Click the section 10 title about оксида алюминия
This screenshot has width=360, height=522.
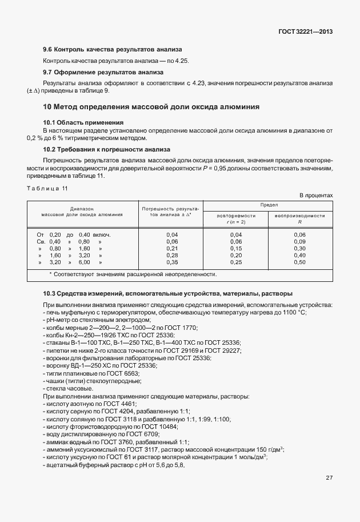click(151, 106)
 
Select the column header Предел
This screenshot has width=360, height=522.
click(269, 205)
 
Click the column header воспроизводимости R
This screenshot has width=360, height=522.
click(299, 218)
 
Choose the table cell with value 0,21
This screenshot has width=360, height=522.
click(171, 249)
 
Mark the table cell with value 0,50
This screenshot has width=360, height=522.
click(299, 262)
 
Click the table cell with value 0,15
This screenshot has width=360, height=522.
click(236, 249)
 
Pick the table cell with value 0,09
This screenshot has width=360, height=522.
click(299, 242)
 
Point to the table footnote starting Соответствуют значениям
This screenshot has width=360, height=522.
click(133, 274)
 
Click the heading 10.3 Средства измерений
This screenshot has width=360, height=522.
click(167, 293)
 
